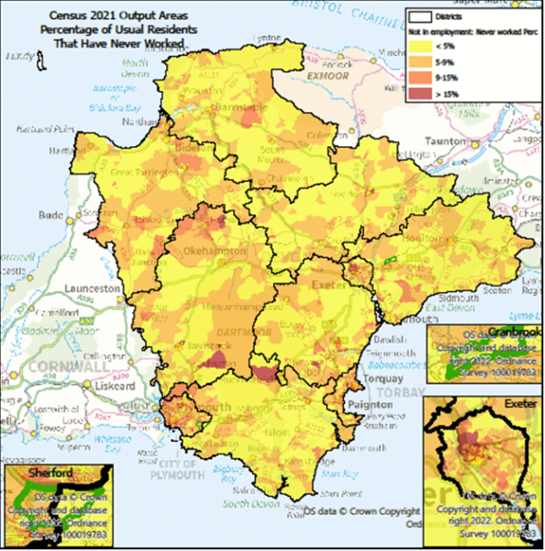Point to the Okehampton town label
[x=214, y=250]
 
